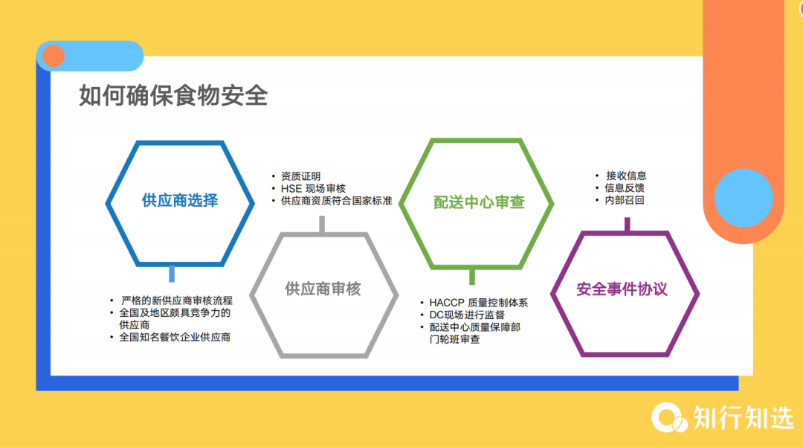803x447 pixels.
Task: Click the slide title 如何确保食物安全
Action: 173,97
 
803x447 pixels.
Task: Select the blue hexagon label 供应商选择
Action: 180,201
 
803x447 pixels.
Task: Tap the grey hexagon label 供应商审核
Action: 323,289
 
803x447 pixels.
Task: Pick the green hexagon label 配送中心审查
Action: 479,202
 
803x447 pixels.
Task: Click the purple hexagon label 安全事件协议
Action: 622,289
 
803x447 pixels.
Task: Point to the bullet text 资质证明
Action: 301,176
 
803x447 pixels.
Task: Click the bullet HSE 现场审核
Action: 313,189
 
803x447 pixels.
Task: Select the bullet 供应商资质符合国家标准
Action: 336,201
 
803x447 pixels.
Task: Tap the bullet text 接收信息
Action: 625,176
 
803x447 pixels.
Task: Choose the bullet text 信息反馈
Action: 625,188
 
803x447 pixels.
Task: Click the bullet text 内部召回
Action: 625,200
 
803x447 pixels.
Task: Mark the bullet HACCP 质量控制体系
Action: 478,303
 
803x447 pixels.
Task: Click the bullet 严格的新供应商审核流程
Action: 176,300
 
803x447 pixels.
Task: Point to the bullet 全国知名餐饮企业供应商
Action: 175,338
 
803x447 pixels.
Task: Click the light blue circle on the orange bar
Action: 744,198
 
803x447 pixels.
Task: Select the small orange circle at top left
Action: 53,56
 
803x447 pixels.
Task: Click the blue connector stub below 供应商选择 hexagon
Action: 172,273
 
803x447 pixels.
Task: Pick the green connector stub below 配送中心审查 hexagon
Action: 471,277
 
